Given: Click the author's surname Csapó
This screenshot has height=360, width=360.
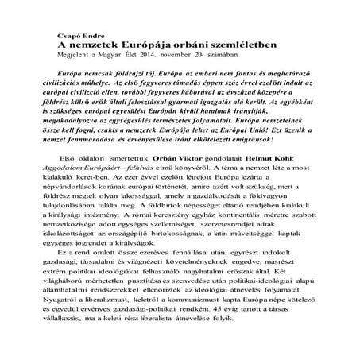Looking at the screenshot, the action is coord(61,34).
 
